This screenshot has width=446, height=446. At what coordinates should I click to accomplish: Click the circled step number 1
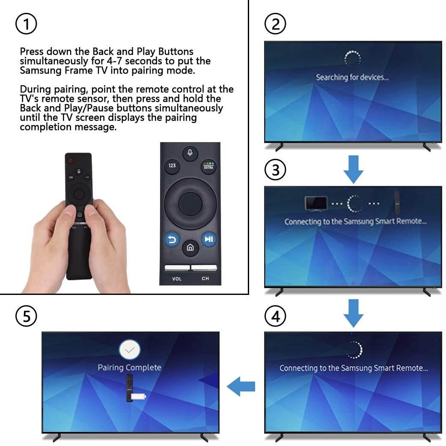[x=26, y=24]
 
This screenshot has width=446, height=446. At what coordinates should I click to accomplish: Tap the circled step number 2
[x=275, y=24]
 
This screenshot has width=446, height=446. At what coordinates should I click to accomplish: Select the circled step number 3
[x=275, y=170]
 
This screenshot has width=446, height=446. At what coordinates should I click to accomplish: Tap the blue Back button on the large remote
[x=172, y=239]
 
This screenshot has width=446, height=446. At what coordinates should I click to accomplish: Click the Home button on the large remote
[x=190, y=248]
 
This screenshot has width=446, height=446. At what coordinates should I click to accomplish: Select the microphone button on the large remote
[x=190, y=153]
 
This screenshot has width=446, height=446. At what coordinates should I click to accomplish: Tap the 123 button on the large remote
[x=172, y=166]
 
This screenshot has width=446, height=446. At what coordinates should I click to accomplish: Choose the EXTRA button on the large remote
[x=208, y=166]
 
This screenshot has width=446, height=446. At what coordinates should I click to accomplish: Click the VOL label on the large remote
[x=177, y=279]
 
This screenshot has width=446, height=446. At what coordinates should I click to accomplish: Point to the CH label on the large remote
[x=205, y=279]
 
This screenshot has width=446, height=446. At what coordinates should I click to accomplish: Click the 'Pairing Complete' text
[x=129, y=367]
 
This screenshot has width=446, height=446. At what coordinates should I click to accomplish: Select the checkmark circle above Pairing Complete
[x=130, y=350]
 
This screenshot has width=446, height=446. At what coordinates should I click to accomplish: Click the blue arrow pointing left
[x=241, y=387]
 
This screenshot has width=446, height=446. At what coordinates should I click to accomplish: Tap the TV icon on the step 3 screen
[x=315, y=203]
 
